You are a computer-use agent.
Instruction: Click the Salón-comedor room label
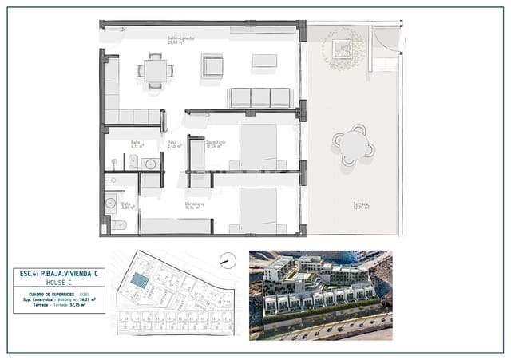182,39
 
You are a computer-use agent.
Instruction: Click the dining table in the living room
156,70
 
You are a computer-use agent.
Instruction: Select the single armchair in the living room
212,65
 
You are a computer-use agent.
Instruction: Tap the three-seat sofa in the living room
260,97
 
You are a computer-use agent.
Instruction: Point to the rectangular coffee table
264,61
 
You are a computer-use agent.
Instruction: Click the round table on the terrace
354,145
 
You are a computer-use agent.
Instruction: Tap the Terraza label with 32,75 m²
362,207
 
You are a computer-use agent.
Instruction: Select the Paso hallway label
173,144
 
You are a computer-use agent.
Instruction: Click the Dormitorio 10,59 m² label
216,144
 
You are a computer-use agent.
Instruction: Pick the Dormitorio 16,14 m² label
195,205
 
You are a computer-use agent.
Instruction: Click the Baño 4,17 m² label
137,144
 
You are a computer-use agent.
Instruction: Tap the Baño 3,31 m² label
126,205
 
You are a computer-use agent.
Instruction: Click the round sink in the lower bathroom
110,204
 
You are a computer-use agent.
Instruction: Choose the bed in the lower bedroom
257,210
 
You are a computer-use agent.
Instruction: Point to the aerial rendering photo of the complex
320,295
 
